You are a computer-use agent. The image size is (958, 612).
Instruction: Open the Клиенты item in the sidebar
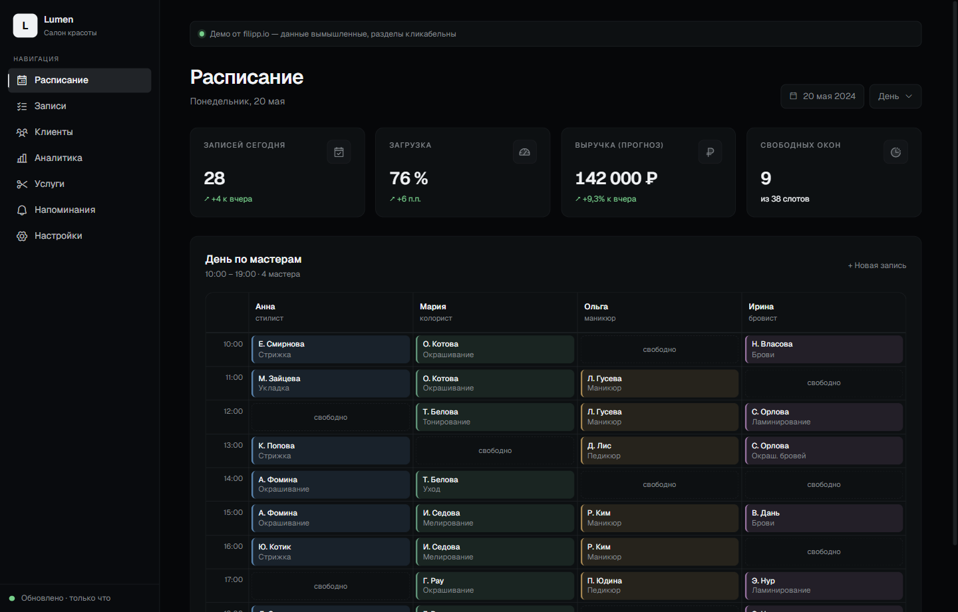coord(53,132)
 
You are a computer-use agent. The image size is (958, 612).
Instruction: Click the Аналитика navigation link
coord(58,158)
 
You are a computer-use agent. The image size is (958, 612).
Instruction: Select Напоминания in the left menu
coord(65,210)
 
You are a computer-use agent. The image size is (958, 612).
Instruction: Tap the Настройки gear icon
coord(22,236)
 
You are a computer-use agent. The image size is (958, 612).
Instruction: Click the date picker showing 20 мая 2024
coord(822,96)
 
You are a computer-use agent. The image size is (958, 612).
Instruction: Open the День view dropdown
coord(895,96)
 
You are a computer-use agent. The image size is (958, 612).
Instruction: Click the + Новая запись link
coord(877,265)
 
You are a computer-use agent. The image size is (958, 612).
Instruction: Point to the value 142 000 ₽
coord(616,178)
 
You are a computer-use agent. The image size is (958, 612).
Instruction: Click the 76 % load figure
coord(408,178)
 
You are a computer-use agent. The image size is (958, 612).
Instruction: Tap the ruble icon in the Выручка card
coord(710,152)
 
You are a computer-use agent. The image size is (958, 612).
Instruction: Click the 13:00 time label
coord(233,445)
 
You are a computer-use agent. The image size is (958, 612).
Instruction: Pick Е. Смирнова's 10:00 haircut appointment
coord(331,349)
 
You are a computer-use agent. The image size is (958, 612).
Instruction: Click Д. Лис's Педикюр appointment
coord(659,451)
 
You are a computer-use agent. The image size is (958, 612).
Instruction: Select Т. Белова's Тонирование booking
coord(495,417)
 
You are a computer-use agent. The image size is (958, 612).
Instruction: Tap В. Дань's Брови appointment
coord(824,518)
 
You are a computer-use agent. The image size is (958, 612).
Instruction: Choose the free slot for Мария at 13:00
coord(495,451)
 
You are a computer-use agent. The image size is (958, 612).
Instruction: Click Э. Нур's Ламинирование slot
coord(824,586)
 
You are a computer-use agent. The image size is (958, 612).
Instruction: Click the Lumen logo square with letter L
coord(25,26)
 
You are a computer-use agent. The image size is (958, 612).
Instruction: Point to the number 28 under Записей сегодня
coord(214,178)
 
